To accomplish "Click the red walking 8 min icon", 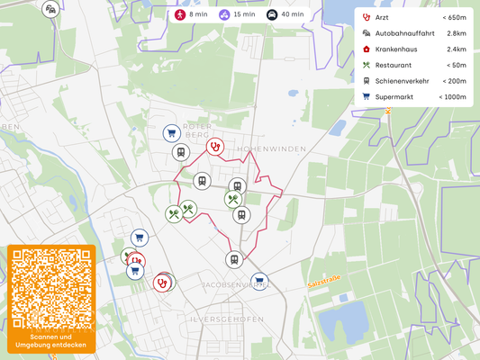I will (180, 14).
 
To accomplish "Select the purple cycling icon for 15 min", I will (224, 14).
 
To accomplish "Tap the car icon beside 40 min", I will (272, 14).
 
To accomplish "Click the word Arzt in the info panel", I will (382, 17).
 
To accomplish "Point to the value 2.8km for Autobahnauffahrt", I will (456, 33).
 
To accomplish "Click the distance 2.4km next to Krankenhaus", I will (456, 49).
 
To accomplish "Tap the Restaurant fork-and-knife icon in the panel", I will (367, 65).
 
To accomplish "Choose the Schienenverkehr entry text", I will (402, 81).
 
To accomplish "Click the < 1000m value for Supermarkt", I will (452, 96).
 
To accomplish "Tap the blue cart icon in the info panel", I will (367, 96).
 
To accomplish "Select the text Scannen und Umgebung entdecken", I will (51, 341).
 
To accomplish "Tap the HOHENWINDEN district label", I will (271, 148).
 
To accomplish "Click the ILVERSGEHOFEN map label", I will (226, 319).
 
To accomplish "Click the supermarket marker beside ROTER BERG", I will (170, 133).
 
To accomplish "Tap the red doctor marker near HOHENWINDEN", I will (214, 146).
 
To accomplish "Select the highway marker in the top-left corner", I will (51, 9).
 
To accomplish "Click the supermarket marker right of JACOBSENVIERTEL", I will (259, 281).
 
